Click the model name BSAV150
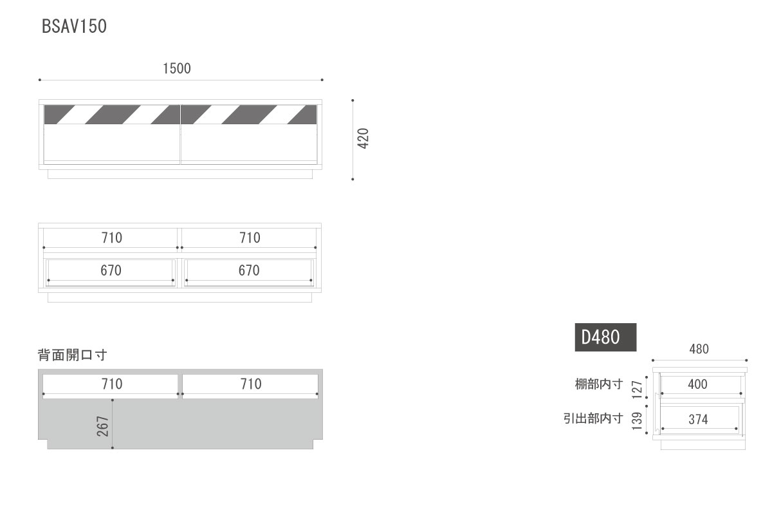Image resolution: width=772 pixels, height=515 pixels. pos(74,26)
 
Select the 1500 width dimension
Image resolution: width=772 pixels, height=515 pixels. pos(177,69)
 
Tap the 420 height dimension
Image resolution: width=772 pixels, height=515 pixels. pos(363,138)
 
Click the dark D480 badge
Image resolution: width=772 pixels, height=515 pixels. pos(605,337)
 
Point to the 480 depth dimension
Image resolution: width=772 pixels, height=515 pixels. pos(699,349)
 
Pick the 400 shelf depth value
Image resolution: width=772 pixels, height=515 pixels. pos(697,384)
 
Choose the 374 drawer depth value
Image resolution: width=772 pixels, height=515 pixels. pos(698,420)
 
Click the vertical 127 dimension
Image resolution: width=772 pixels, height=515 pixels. pos(637,389)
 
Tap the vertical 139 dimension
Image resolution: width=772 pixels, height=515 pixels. pos(637,421)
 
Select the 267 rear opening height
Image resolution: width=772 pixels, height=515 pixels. pos(103,426)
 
